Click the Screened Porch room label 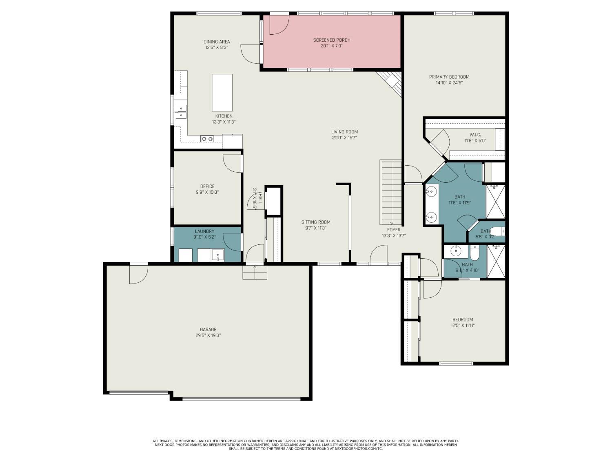331,40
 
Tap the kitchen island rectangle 222,93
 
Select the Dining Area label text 217,42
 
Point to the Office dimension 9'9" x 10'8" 207,192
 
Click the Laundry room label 204,231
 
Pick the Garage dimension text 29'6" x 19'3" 208,335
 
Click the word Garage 208,330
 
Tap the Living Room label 344,132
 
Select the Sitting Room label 316,222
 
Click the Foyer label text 394,230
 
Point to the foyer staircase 391,192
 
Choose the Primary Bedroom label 449,77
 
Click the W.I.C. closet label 475,135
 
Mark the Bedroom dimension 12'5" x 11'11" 463,326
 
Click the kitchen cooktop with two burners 207,139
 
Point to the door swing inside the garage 137,274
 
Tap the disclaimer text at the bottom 306,445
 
